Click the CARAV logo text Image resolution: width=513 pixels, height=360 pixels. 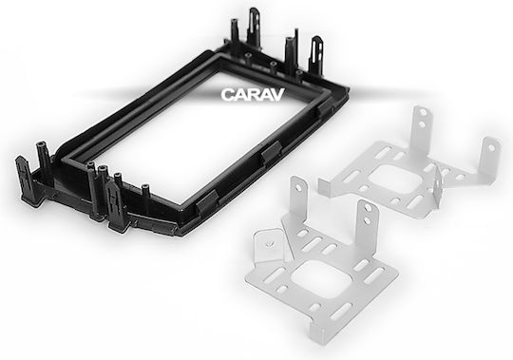coord(253,95)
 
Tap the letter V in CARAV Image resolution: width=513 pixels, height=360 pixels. coord(276,95)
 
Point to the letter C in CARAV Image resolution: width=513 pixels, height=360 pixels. coord(227,95)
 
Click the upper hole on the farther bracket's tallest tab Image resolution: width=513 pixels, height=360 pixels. coord(423,112)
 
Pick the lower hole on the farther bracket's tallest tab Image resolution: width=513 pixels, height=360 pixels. coord(422,124)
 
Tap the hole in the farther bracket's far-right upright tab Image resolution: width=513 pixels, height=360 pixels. coord(491,148)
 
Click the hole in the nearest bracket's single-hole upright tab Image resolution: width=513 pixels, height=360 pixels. coord(298,188)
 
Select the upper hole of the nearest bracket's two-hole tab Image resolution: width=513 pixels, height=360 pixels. coord(369,208)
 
